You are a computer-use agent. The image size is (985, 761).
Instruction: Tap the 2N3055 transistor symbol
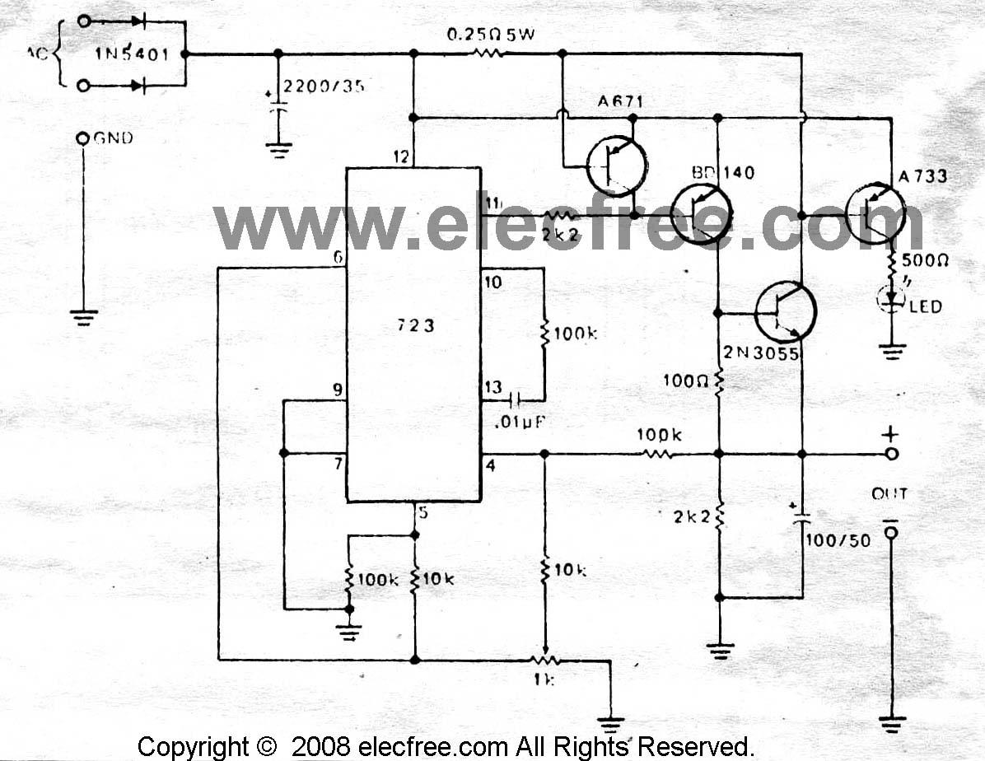pyautogui.click(x=786, y=311)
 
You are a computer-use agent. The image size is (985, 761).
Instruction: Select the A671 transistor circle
pyautogui.click(x=617, y=166)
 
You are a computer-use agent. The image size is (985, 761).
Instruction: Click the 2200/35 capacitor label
pyautogui.click(x=323, y=86)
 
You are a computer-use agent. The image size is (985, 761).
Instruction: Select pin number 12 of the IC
pyautogui.click(x=401, y=156)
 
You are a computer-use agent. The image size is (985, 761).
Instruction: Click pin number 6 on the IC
pyautogui.click(x=337, y=258)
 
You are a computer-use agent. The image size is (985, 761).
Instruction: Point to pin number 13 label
pyautogui.click(x=493, y=388)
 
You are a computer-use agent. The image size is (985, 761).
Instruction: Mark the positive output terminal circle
pyautogui.click(x=890, y=454)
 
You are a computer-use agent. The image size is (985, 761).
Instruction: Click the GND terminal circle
pyautogui.click(x=82, y=138)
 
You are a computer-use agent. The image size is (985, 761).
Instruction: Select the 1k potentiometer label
pyautogui.click(x=544, y=680)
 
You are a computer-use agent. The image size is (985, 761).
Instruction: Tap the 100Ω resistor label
pyautogui.click(x=685, y=380)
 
